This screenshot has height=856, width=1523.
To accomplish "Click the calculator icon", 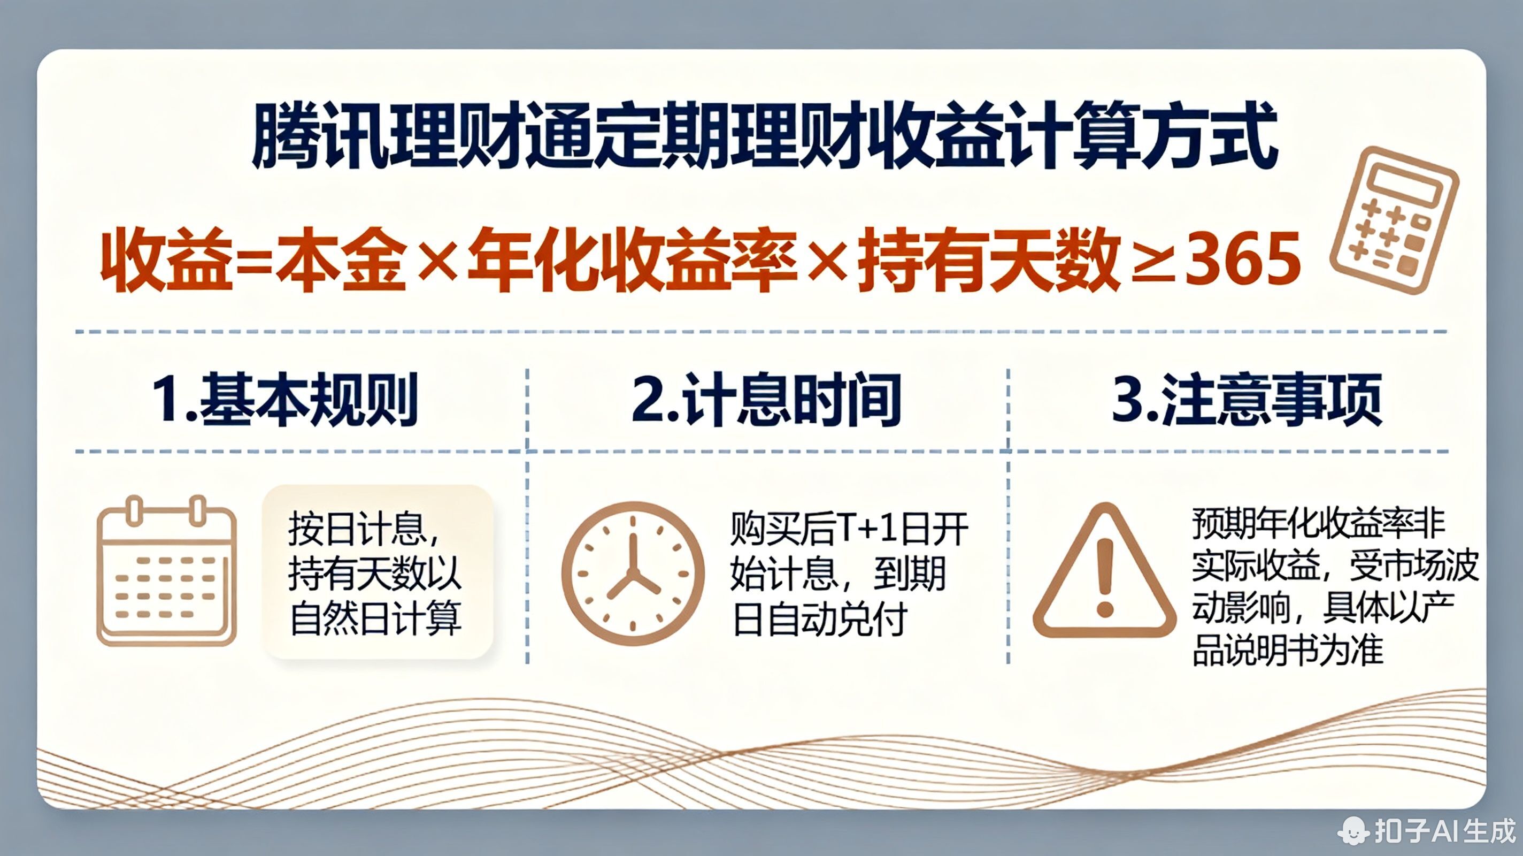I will [1393, 220].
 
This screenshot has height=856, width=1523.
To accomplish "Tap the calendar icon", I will [167, 571].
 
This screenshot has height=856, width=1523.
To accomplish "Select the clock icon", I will [633, 573].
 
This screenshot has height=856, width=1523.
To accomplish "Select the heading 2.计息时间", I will [766, 400].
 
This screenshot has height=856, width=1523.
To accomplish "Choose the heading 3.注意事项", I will [1248, 400].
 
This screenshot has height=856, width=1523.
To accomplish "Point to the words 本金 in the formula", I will [341, 261].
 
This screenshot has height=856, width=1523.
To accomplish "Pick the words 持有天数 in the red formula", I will [989, 261].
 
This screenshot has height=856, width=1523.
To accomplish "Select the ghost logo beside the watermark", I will [1355, 829].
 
